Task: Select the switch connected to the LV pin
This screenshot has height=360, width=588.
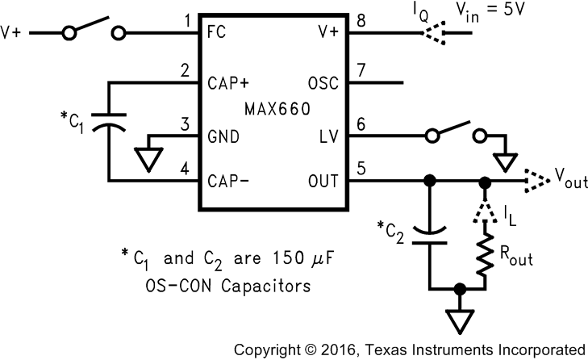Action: [x=454, y=131]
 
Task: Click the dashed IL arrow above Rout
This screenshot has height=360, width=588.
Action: [x=484, y=211]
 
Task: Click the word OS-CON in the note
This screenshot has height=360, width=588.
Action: [x=173, y=286]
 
